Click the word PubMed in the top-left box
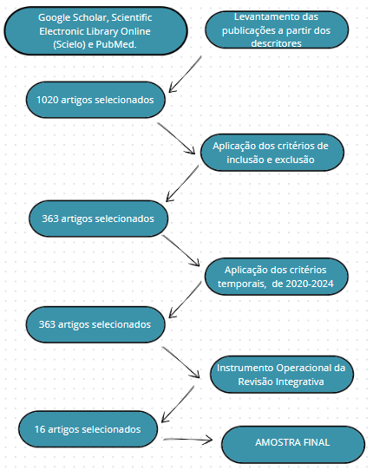(x=116, y=44)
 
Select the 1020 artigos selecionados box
(x=95, y=100)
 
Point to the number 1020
(x=48, y=100)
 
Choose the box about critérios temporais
(x=276, y=277)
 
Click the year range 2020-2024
(x=303, y=284)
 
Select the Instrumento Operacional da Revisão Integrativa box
(x=282, y=375)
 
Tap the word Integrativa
(x=299, y=382)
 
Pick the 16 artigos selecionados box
(x=88, y=429)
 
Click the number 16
(x=40, y=429)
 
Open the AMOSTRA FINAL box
(x=293, y=445)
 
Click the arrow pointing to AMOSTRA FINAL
(x=187, y=440)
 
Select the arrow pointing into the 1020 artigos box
(x=185, y=74)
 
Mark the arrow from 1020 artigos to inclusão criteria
(x=176, y=139)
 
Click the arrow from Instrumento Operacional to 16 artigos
(x=178, y=404)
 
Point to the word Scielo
(x=69, y=44)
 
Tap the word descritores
(x=276, y=43)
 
